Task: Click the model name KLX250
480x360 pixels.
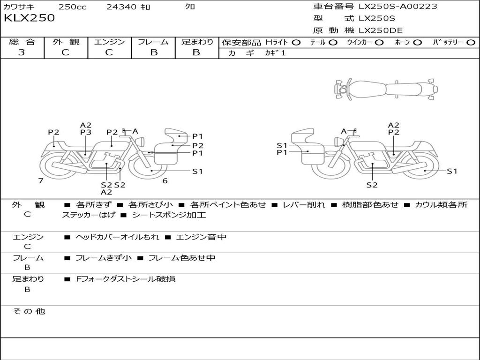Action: pos(29,18)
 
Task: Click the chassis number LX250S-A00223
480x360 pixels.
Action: pos(397,7)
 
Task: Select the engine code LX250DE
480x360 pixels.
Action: pos(380,31)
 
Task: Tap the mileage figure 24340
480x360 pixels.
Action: pos(121,7)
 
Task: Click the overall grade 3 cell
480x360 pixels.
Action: pos(22,52)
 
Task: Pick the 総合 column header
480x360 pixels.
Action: pos(22,42)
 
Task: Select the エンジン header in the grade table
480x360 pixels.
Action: pos(109,42)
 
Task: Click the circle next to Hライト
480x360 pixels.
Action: pos(296,42)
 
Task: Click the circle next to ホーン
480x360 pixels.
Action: pos(418,42)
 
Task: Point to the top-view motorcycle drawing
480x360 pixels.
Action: pos(385,89)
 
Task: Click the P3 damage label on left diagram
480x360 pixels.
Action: pos(85,132)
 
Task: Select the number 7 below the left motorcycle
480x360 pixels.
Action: pos(41,181)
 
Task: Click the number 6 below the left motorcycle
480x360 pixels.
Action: pos(165,181)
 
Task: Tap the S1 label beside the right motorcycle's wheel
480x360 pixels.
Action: pos(451,171)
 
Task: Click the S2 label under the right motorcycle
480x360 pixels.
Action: pos(372,185)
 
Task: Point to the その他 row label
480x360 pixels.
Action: pos(29,311)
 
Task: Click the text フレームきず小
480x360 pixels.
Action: pos(104,258)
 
